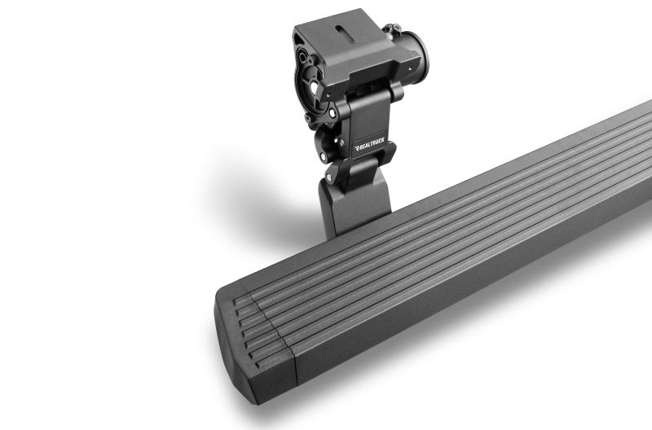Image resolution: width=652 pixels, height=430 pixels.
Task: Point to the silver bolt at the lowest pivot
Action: click(x=331, y=177)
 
